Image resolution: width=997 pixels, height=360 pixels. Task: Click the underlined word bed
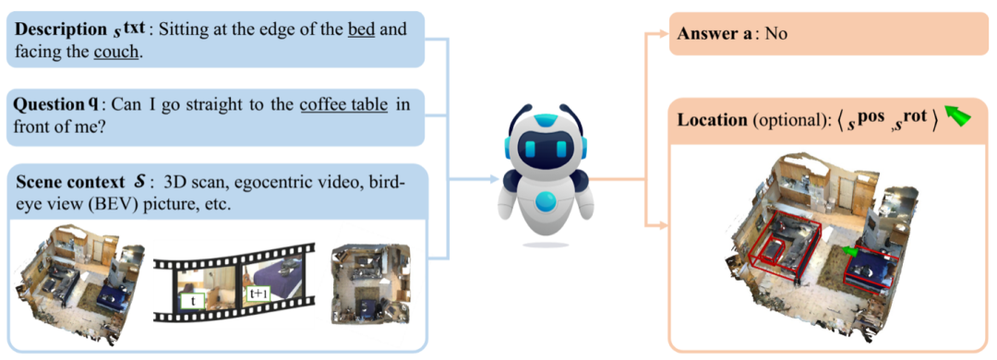click(x=362, y=30)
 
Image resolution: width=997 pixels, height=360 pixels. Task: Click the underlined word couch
click(x=115, y=52)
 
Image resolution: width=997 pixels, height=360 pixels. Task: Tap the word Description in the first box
click(x=54, y=30)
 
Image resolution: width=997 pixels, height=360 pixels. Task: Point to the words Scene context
click(x=65, y=180)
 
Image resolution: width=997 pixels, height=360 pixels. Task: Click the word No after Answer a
click(x=777, y=33)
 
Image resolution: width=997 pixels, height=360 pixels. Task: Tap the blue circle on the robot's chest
click(x=546, y=203)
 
